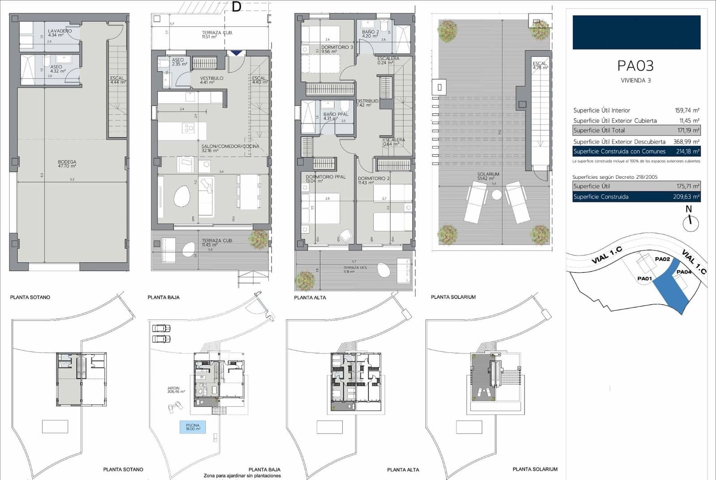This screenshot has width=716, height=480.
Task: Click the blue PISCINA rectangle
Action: click(192, 427)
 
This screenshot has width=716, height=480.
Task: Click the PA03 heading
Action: click(635, 66)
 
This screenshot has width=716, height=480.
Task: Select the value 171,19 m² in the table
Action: click(688, 130)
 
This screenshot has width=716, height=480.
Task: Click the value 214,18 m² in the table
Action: click(687, 151)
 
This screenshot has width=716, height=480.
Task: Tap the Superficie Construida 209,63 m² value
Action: click(686, 196)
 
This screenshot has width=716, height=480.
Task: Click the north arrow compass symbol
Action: click(690, 222)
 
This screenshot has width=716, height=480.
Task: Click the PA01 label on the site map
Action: click(644, 278)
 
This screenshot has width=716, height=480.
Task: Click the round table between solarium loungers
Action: click(497, 195)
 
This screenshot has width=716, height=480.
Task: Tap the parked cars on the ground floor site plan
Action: click(161, 333)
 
